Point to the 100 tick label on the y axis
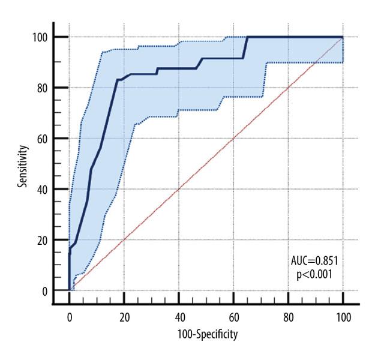(x=40, y=37)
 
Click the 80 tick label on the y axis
(x=43, y=88)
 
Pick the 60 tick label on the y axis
(x=43, y=139)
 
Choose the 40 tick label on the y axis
(x=43, y=190)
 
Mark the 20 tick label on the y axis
(x=43, y=240)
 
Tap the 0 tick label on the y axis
(x=45, y=291)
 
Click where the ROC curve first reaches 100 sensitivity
(x=247, y=37)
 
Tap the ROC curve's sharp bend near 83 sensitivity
(x=116, y=80)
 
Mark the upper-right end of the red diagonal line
(x=343, y=37)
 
